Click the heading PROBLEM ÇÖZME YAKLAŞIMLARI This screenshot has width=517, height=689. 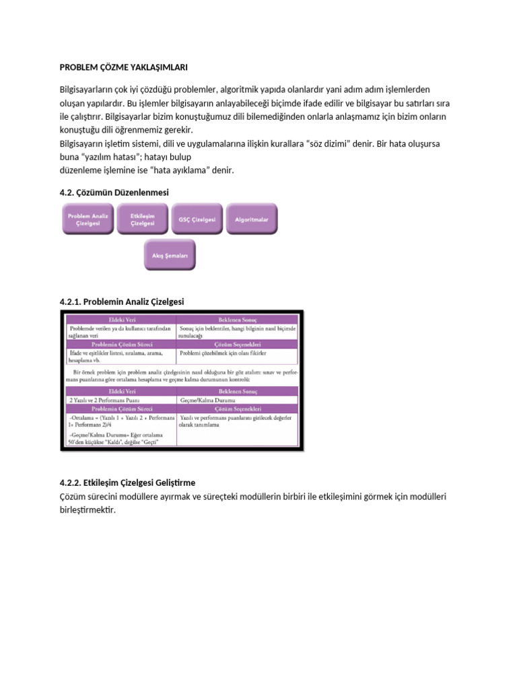[x=124, y=68]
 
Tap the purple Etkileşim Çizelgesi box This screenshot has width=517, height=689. [x=143, y=219]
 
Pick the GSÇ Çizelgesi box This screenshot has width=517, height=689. [x=197, y=219]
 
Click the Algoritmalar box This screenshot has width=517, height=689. [x=251, y=219]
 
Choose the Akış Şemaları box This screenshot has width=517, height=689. [x=170, y=256]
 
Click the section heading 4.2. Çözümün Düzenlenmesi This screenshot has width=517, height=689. [x=114, y=192]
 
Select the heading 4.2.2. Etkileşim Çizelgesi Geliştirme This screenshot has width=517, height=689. [x=128, y=483]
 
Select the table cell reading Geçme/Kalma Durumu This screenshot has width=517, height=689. [x=209, y=400]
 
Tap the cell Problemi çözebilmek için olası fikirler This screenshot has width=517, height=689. [x=224, y=352]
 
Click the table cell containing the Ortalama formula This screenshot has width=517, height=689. [x=117, y=421]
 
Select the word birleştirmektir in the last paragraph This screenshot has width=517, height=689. [x=88, y=510]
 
